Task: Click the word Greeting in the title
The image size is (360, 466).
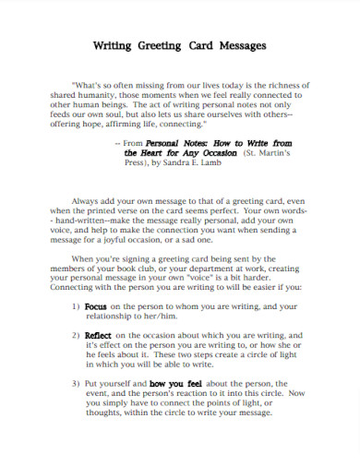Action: tap(159, 44)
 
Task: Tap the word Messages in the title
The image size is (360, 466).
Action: tap(240, 44)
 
